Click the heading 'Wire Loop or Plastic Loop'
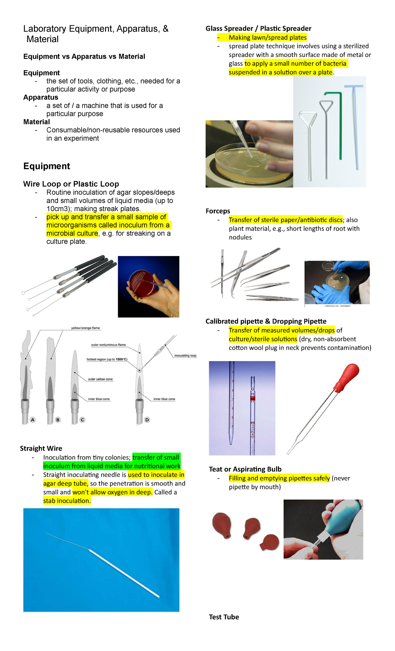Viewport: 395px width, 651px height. pyautogui.click(x=71, y=184)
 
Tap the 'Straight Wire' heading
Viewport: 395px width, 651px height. pyautogui.click(x=41, y=448)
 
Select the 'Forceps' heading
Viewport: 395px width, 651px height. pyautogui.click(x=218, y=211)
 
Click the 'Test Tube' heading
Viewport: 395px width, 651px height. pyautogui.click(x=224, y=617)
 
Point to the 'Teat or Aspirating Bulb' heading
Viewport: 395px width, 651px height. pyautogui.click(x=245, y=469)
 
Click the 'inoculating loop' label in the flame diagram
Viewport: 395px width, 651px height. pyautogui.click(x=185, y=355)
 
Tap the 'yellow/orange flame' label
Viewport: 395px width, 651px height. pyautogui.click(x=85, y=328)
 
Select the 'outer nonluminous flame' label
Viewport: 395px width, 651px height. pyautogui.click(x=108, y=345)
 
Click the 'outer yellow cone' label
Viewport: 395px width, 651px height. pyautogui.click(x=100, y=379)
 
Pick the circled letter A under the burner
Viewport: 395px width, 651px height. pyautogui.click(x=33, y=420)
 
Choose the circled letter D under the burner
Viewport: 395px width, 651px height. pyautogui.click(x=147, y=420)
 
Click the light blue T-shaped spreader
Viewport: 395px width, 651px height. pyautogui.click(x=355, y=125)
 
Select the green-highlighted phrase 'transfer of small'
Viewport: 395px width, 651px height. pyautogui.click(x=156, y=457)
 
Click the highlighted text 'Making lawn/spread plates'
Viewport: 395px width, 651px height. pyautogui.click(x=268, y=38)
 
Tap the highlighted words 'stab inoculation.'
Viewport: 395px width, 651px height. pyautogui.click(x=67, y=501)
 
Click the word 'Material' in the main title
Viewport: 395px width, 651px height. pyautogui.click(x=42, y=39)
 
